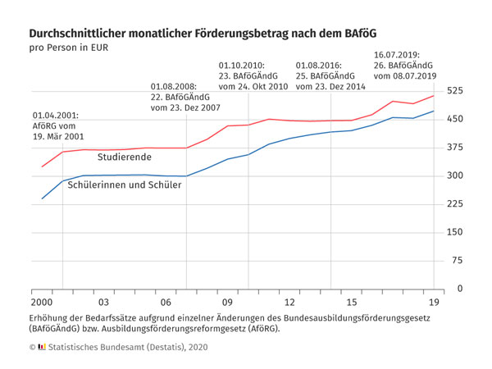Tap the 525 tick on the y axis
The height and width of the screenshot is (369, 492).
click(x=455, y=90)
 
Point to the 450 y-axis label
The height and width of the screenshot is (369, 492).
click(x=455, y=119)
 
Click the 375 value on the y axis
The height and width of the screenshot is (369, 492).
click(x=455, y=147)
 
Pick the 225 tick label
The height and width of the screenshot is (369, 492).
click(x=455, y=204)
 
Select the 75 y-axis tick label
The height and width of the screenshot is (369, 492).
click(x=458, y=261)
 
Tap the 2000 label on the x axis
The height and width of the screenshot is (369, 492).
click(x=42, y=303)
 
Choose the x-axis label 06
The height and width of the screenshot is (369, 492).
click(x=166, y=303)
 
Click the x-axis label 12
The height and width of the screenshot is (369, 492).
click(x=289, y=303)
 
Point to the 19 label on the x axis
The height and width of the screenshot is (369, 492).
click(x=434, y=303)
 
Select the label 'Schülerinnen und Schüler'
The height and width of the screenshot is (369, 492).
click(x=125, y=185)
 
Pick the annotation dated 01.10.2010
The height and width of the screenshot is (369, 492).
click(x=253, y=75)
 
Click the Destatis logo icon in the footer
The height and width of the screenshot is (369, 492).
click(x=43, y=348)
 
